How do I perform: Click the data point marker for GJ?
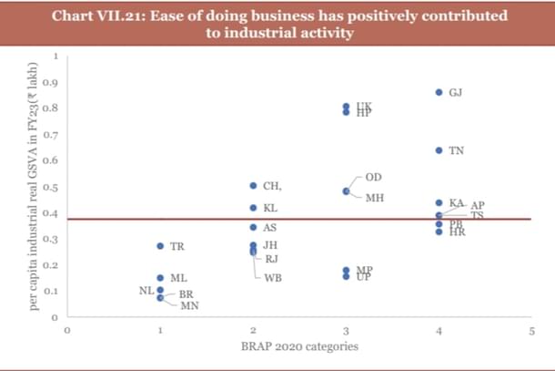(x=439, y=92)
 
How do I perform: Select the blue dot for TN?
(x=439, y=149)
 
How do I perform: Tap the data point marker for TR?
(x=160, y=246)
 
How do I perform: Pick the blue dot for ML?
(x=160, y=277)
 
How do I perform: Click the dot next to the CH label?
(x=253, y=185)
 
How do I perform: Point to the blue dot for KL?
(x=253, y=208)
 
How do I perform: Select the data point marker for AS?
(x=253, y=227)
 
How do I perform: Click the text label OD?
(x=373, y=176)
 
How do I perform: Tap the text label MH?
(x=374, y=197)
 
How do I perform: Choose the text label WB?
(x=272, y=276)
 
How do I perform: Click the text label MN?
(x=189, y=305)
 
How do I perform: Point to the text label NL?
(x=144, y=290)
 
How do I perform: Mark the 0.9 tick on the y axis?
(x=52, y=82)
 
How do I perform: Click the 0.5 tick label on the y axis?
(x=52, y=187)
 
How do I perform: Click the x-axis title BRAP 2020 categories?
(x=298, y=346)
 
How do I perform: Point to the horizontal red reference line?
(x=300, y=219)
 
